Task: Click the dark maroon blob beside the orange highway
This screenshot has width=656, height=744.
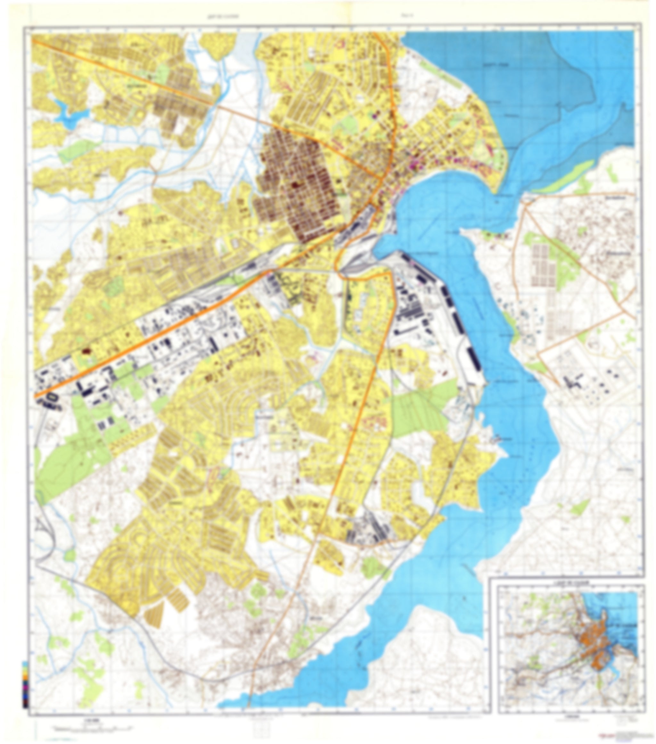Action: [86, 351]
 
